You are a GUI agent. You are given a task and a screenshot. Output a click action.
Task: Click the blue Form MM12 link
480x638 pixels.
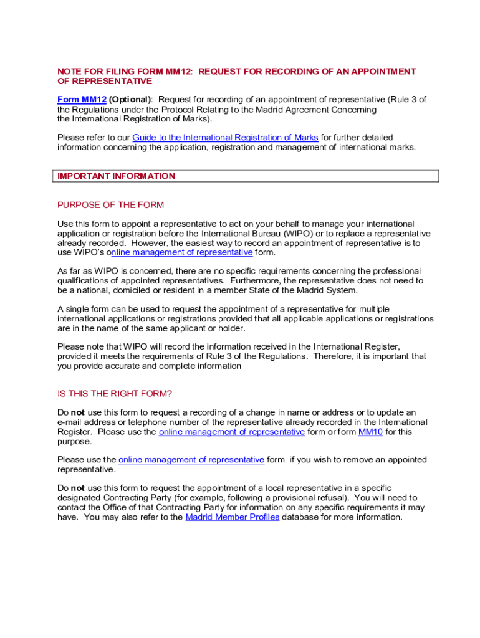[x=82, y=100]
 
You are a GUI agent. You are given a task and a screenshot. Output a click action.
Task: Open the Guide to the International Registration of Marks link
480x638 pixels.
[x=225, y=137]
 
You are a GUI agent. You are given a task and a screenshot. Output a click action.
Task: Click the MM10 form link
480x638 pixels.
[x=370, y=431]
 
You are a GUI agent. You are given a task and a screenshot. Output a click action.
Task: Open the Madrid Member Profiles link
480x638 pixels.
[x=233, y=517]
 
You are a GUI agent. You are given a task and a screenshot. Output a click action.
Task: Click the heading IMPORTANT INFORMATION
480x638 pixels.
[x=116, y=176]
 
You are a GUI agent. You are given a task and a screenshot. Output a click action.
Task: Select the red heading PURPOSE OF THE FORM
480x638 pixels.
[x=110, y=205]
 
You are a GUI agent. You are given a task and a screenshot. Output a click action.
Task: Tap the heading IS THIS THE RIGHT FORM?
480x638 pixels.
[x=114, y=393]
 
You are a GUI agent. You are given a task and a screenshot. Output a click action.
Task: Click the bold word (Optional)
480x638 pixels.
[x=130, y=100]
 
